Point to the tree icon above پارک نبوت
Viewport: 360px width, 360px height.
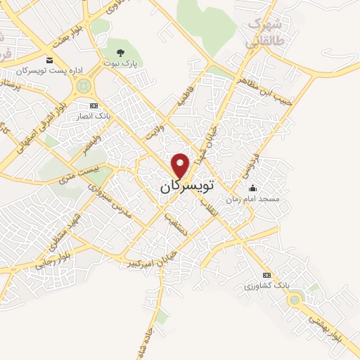click(x=120, y=53)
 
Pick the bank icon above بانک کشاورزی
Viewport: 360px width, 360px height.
click(x=266, y=275)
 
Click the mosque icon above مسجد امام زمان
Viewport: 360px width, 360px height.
click(x=253, y=188)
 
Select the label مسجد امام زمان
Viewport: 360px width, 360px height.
click(x=252, y=199)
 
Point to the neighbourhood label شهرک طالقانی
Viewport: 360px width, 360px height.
click(x=263, y=32)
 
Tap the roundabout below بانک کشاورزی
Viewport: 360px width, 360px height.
click(x=294, y=300)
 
